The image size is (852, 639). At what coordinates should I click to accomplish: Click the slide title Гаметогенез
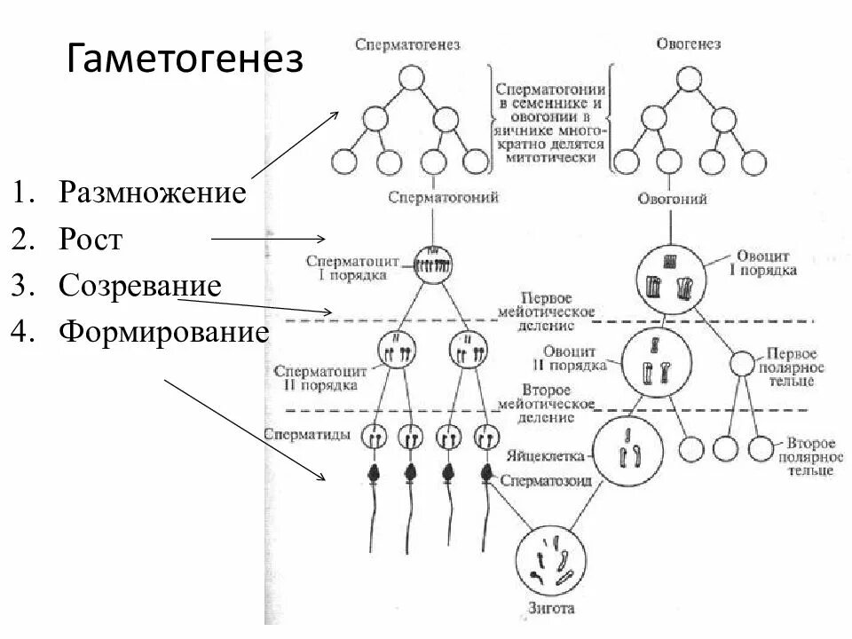(x=185, y=59)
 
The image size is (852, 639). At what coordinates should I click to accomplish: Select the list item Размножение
(x=152, y=193)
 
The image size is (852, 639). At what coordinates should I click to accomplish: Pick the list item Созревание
(x=139, y=286)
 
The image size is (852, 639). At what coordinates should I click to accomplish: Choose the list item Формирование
(x=163, y=333)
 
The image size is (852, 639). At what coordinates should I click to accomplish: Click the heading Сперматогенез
(x=407, y=44)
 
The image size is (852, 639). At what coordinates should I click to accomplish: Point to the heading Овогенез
(x=688, y=44)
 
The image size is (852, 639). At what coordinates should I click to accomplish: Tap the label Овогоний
(x=672, y=199)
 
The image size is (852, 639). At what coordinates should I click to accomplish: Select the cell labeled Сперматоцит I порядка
(x=433, y=264)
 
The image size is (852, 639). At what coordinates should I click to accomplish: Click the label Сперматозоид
(x=545, y=480)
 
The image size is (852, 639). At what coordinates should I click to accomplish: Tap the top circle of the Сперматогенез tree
(x=409, y=79)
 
